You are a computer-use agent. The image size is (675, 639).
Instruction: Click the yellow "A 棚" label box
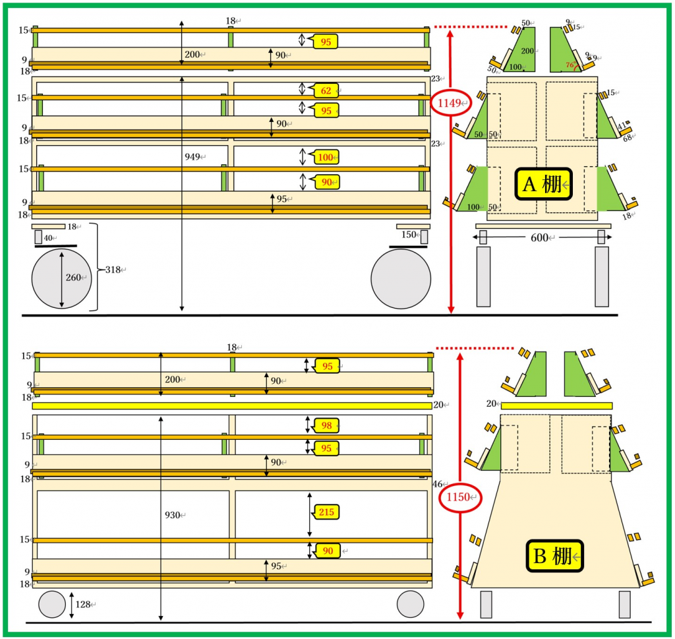click(543, 184)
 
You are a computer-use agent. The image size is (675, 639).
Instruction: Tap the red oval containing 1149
click(451, 102)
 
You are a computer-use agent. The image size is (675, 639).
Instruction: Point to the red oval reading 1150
click(459, 497)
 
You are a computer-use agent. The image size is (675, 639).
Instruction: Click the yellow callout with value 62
click(324, 90)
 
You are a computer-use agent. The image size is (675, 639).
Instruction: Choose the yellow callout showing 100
click(326, 157)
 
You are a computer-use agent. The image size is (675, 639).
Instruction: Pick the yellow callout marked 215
click(326, 512)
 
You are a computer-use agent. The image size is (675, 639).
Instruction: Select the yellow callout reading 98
click(326, 426)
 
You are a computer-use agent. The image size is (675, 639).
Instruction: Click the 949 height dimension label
click(193, 157)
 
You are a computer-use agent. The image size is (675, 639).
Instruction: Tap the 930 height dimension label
click(173, 515)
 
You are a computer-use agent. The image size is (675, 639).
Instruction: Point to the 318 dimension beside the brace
click(113, 270)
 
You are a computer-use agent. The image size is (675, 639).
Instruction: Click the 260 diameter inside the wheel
click(74, 278)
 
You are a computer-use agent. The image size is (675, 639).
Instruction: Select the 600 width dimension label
click(539, 237)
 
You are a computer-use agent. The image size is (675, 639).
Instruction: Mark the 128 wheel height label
click(83, 604)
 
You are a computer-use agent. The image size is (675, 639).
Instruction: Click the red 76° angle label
click(571, 65)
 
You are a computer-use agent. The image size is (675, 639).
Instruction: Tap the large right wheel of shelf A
click(401, 278)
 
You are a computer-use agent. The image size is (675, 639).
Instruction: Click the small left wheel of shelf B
click(52, 604)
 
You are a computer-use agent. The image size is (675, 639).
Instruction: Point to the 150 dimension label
click(409, 235)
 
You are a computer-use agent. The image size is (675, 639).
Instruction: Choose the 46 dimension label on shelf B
click(438, 484)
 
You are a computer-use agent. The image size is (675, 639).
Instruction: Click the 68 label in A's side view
click(627, 138)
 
